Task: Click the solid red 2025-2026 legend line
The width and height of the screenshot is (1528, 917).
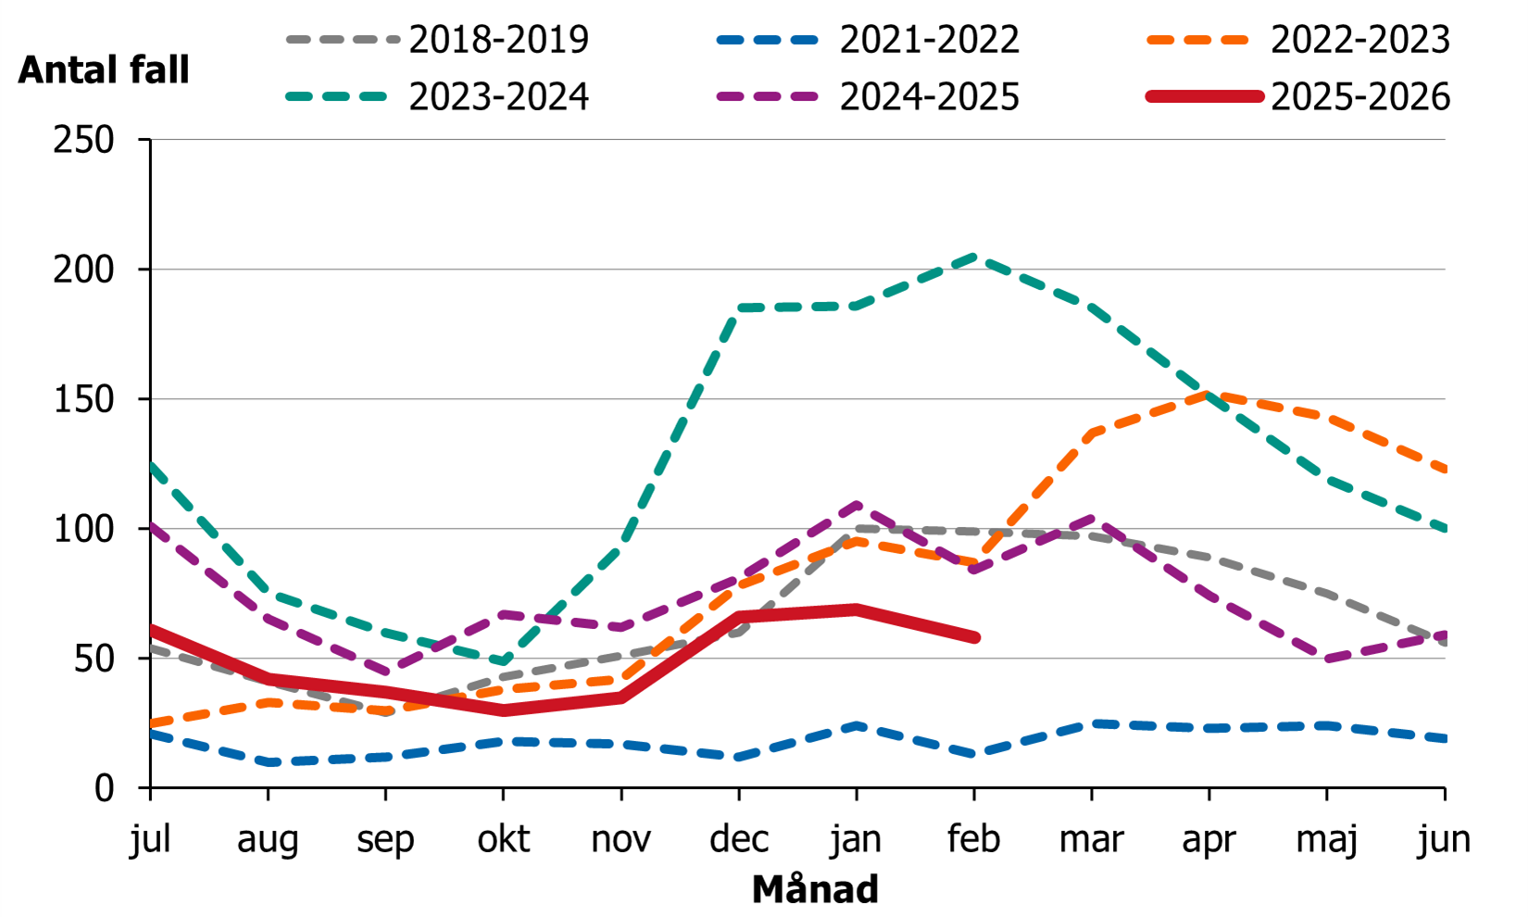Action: (x=1204, y=96)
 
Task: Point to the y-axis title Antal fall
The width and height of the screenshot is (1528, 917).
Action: (x=104, y=70)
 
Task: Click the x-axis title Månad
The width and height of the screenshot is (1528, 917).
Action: (x=815, y=889)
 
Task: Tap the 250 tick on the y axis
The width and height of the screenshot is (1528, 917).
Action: (x=83, y=140)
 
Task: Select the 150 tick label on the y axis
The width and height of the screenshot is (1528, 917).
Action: (x=83, y=399)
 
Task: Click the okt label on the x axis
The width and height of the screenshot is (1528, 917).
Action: (x=503, y=839)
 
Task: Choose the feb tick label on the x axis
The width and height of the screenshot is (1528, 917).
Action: (x=973, y=839)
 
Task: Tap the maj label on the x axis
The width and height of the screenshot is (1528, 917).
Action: (x=1326, y=839)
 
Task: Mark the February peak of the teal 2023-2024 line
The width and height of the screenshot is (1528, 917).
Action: (x=974, y=257)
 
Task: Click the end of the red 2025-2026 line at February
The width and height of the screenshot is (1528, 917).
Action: (x=974, y=637)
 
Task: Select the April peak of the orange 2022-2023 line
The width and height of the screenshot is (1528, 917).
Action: (x=1209, y=394)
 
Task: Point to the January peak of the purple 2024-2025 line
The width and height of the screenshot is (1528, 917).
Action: (x=857, y=505)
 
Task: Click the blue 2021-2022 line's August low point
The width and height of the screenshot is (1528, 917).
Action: (x=269, y=762)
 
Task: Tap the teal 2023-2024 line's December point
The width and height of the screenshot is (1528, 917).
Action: (x=739, y=308)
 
